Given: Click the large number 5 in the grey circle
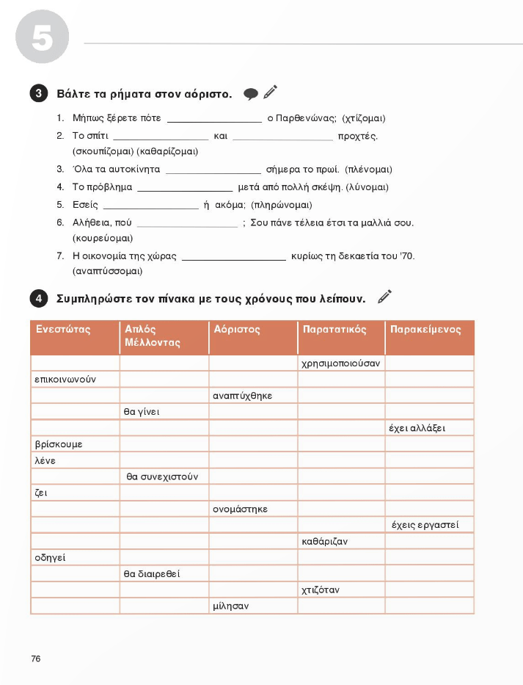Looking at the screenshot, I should click(x=41, y=40).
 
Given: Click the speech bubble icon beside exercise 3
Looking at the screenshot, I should click(x=251, y=94).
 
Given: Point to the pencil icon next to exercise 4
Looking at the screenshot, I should click(x=384, y=297).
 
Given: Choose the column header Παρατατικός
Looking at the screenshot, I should click(x=334, y=330).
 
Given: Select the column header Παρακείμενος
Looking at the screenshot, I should click(x=426, y=330).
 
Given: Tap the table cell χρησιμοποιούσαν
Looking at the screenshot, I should click(x=340, y=363).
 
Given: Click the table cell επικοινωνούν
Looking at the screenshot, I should click(x=65, y=380).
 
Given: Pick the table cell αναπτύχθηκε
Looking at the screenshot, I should click(x=242, y=396).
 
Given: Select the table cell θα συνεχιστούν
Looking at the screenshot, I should click(x=162, y=476).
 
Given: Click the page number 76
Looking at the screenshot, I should click(x=36, y=659).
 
